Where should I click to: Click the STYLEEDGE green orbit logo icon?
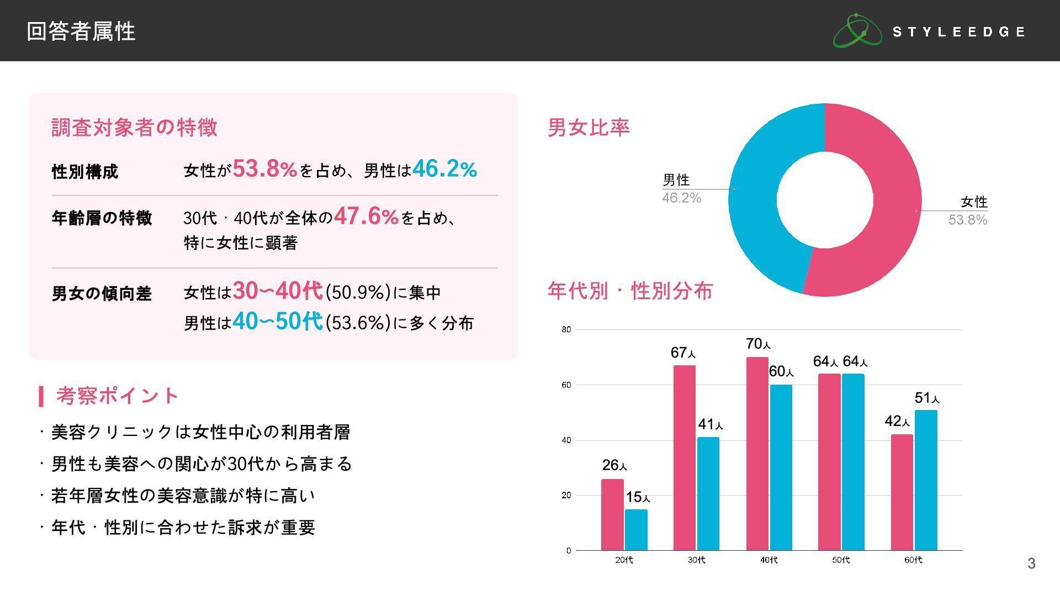pos(857,31)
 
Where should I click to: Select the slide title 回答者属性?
pos(81,31)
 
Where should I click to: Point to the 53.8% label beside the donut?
pos(967,220)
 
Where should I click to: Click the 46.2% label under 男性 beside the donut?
pos(681,198)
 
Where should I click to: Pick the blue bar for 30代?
pos(708,493)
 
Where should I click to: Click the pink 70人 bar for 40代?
pos(757,453)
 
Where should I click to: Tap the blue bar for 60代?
pos(926,480)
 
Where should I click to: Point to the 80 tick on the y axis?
pos(566,330)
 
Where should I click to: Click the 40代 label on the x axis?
pos(768,560)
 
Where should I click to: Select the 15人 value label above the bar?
pos(638,497)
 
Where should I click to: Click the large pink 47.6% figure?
pos(366,216)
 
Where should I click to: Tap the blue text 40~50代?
pos(278,321)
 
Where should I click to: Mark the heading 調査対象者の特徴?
pos(134,127)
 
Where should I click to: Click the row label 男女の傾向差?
pos(102,294)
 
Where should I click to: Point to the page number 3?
pos(1031,563)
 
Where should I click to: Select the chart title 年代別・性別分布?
pos(630,291)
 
